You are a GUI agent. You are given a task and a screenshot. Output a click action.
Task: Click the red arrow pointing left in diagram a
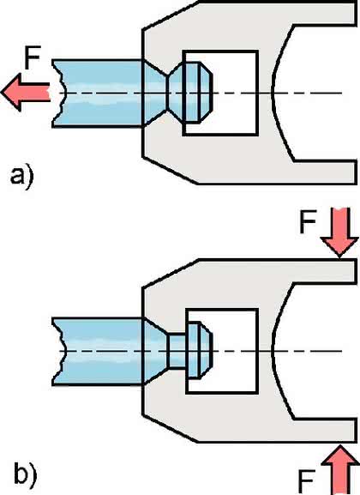tap(25, 92)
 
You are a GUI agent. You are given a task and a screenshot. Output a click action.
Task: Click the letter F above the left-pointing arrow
tap(33, 57)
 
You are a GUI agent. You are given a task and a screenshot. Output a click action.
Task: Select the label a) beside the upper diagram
tap(21, 178)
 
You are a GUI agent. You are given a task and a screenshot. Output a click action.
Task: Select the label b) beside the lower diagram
tap(25, 474)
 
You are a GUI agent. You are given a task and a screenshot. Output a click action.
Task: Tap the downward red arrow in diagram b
tap(339, 232)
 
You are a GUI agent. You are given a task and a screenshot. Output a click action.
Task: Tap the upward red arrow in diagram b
tap(339, 469)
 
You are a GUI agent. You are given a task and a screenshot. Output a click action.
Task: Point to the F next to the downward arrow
tap(308, 221)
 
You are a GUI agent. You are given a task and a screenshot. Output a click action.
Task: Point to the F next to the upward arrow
tap(307, 482)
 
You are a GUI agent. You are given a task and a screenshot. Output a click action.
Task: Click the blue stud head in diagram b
tap(200, 350)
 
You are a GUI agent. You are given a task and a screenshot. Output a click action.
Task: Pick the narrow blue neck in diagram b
tap(178, 351)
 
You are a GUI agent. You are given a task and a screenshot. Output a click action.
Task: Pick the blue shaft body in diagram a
tap(98, 94)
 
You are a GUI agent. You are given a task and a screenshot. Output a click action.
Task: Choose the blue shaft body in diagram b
tap(98, 352)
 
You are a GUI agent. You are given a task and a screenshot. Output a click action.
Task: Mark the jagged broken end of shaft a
tap(58, 94)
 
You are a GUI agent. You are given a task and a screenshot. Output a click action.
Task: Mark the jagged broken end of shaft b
tap(58, 352)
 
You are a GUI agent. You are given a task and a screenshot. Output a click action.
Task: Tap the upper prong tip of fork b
tap(356, 271)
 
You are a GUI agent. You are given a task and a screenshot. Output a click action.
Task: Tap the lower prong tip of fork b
tap(356, 431)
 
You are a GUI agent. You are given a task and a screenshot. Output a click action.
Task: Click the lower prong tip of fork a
tap(356, 172)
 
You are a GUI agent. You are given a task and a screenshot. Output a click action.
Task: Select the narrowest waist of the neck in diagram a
tap(167, 93)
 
